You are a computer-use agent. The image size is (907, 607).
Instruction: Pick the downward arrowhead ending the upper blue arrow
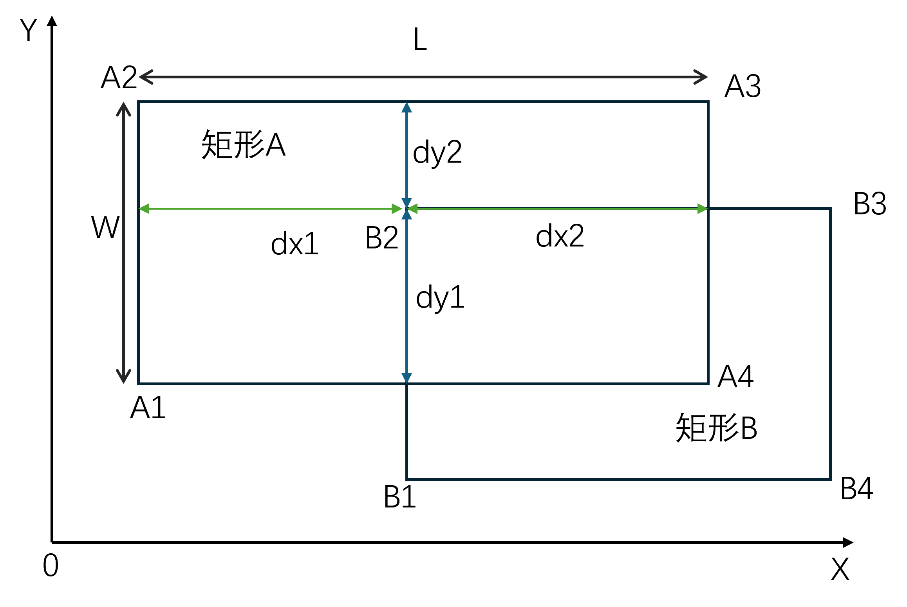[x=407, y=203]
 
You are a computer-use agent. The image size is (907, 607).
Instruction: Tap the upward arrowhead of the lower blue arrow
[x=407, y=214]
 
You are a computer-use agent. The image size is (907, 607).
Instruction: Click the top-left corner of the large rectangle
[x=139, y=102]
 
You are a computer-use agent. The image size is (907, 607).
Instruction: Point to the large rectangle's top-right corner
[x=708, y=102]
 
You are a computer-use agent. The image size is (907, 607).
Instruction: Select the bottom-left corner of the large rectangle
[x=139, y=384]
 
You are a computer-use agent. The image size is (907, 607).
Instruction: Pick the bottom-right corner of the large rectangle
[x=708, y=384]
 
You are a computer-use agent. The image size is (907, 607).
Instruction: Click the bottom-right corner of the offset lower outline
[x=830, y=479]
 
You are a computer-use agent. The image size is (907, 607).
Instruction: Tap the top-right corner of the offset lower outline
[x=830, y=209]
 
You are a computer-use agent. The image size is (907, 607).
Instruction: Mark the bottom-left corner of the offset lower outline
[x=407, y=479]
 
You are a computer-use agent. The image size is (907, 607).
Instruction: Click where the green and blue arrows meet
[x=407, y=209]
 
